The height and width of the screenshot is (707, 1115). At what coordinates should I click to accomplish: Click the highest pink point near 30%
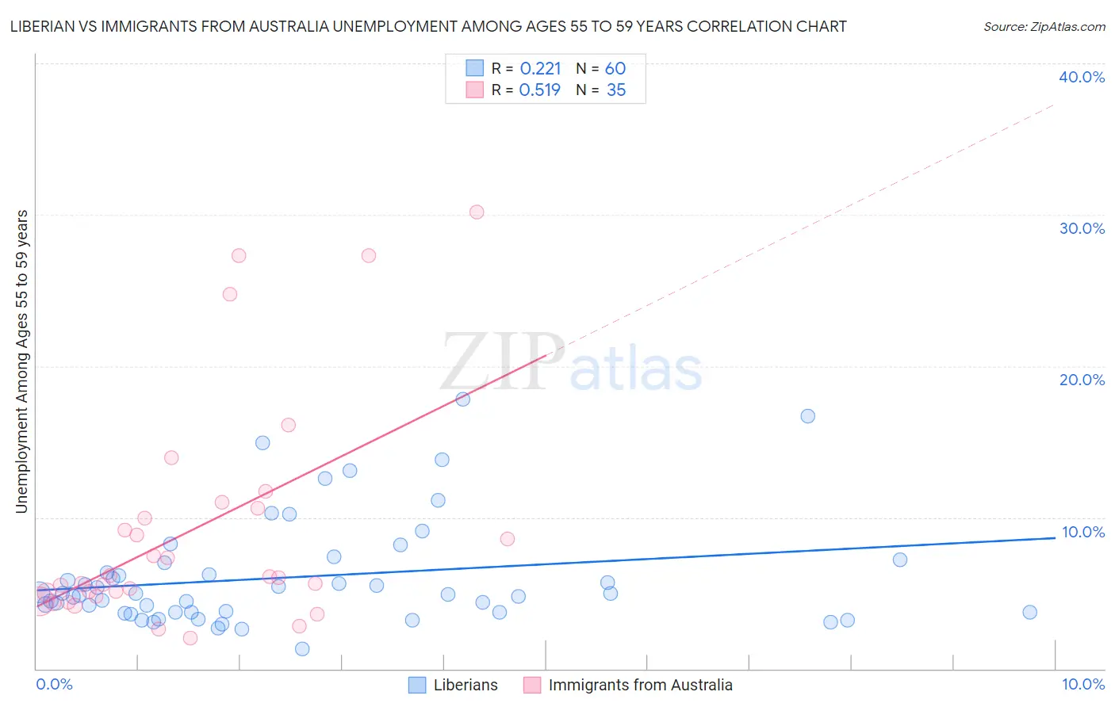(x=477, y=212)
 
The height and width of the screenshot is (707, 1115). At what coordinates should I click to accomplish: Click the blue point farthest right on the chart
(x=1029, y=612)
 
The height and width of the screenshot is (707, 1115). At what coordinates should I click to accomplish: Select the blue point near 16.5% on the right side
(x=807, y=416)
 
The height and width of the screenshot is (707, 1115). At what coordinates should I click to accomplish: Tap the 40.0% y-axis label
(x=1082, y=77)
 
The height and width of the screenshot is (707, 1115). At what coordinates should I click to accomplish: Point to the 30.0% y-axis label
(x=1082, y=228)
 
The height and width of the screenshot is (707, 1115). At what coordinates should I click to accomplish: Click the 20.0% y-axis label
(x=1082, y=380)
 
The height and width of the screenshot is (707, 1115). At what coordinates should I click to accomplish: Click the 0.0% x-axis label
(x=54, y=684)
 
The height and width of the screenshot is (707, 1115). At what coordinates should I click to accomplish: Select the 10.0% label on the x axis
(x=1082, y=684)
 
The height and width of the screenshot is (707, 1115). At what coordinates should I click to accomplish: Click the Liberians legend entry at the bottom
(x=465, y=685)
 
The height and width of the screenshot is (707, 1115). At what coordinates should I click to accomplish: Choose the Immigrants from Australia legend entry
(x=640, y=685)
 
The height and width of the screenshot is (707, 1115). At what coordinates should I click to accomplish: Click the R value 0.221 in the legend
(x=540, y=69)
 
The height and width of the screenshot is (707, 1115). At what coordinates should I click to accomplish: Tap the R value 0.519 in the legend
(x=539, y=90)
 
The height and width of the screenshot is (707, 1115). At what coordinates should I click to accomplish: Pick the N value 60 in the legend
(x=615, y=69)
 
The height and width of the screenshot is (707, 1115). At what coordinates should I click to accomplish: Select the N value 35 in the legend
(x=616, y=90)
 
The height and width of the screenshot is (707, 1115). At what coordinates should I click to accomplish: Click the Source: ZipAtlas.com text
(x=1044, y=27)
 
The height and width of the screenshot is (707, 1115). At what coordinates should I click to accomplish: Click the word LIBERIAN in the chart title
(x=45, y=27)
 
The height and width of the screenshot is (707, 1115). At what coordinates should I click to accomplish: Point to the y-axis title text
(x=22, y=361)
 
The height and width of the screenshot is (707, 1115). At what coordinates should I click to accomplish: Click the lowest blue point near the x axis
(x=302, y=649)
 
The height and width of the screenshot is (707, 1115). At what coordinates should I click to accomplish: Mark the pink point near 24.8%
(x=230, y=294)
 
